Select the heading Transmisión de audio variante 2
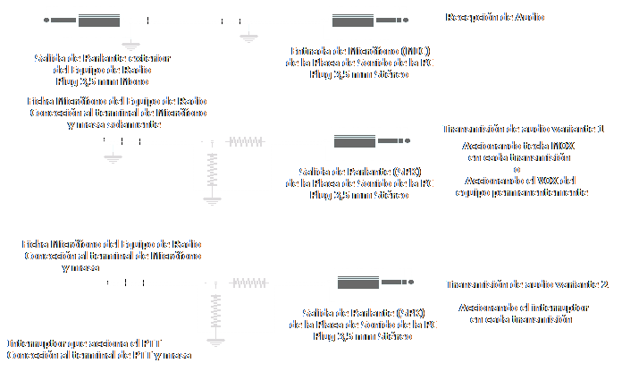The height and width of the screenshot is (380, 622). click(526, 284)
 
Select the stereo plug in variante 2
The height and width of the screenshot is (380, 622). click(370, 283)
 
